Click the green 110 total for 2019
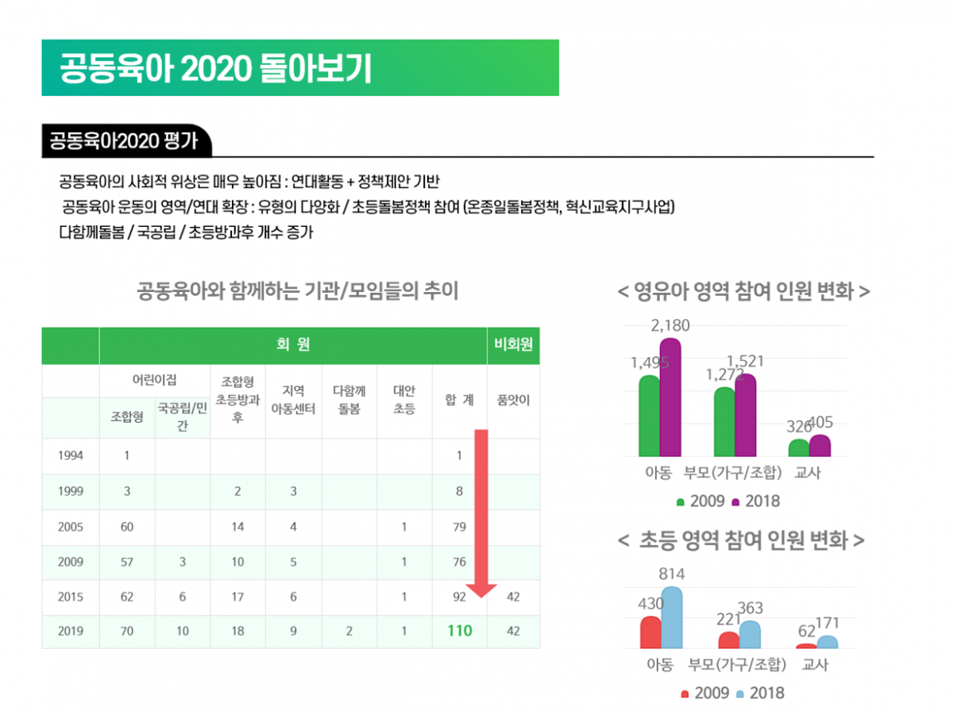[x=459, y=631]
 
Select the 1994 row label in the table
[x=71, y=456]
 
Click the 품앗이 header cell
[x=513, y=400]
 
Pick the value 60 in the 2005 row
[x=127, y=527]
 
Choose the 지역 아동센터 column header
[x=293, y=400]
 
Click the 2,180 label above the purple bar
[x=670, y=325]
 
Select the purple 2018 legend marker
[x=735, y=501]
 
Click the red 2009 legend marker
[x=685, y=693]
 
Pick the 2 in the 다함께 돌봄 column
[x=349, y=631]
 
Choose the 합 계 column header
[x=459, y=400]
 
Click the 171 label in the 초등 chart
[x=827, y=623]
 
